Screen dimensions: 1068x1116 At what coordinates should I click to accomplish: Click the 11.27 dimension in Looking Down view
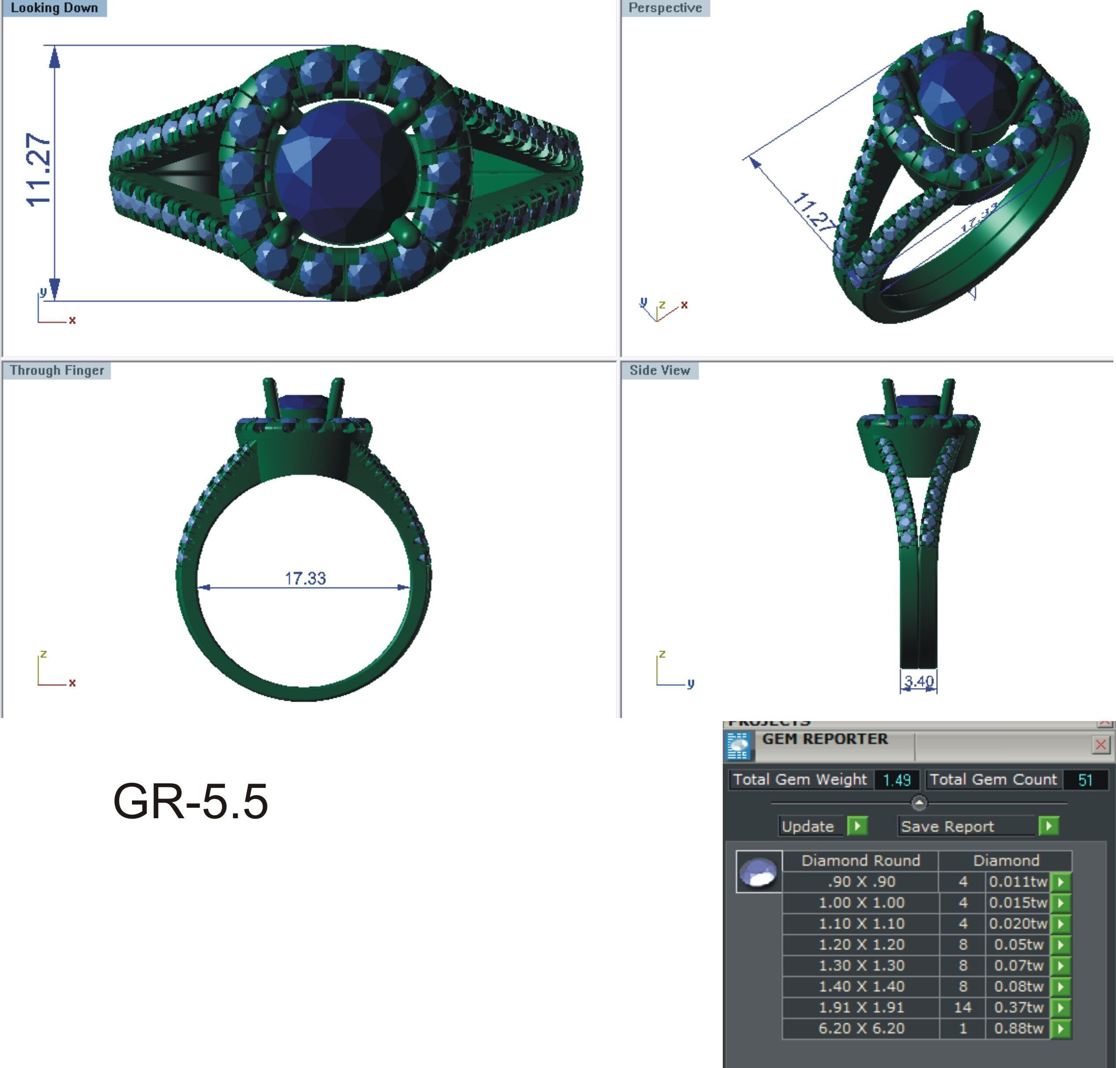(39, 170)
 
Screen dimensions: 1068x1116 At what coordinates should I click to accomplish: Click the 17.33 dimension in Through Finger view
(305, 578)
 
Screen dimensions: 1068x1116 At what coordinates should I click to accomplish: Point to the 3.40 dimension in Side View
(919, 681)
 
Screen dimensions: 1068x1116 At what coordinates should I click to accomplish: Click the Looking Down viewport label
(54, 8)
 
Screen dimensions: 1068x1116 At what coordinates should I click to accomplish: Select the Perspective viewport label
(665, 8)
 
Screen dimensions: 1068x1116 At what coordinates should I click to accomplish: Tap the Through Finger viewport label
(56, 370)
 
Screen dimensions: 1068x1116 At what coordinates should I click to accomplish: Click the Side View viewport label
(659, 370)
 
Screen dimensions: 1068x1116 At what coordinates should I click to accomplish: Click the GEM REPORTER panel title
(824, 739)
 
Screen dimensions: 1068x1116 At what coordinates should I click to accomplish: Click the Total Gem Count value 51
(1085, 780)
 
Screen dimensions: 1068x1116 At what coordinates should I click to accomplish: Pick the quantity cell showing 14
(962, 1008)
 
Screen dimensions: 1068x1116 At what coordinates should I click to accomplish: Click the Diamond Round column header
(860, 860)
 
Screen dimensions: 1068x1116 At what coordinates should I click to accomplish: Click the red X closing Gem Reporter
(1101, 745)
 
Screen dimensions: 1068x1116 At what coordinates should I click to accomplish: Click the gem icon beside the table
(759, 872)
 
